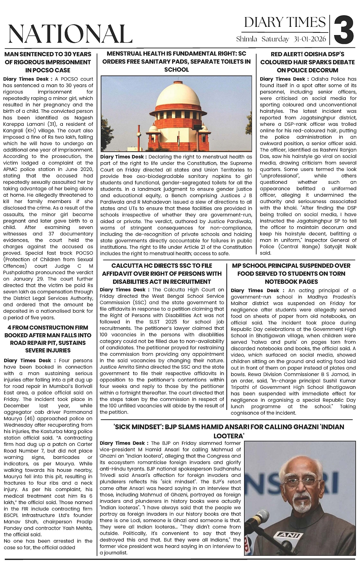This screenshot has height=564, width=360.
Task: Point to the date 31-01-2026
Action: coord(312,39)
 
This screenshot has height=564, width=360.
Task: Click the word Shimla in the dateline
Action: coord(247,39)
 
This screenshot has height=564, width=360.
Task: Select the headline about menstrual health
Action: coord(177,62)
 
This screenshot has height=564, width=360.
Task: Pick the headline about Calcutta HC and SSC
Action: coord(162,273)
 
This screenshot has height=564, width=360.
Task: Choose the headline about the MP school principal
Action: coord(291,273)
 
